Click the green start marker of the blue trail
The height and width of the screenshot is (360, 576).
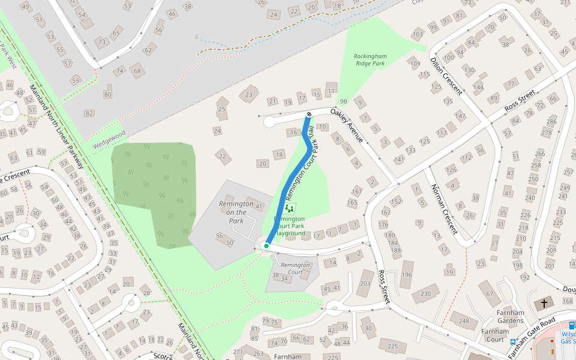coord(266,246)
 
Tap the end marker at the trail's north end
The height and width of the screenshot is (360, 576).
coord(309,114)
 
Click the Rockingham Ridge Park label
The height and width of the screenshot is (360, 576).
coord(370,59)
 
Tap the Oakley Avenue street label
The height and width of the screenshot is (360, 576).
coord(347,125)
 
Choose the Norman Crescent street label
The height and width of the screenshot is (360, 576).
coord(445,208)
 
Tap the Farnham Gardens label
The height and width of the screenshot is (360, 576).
coord(511,316)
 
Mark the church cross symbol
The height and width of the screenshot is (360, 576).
coord(545,304)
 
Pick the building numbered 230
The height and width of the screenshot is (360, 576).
coord(426,293)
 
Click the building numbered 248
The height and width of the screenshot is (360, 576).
coord(464,321)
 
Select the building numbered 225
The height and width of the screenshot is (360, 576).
coord(393,346)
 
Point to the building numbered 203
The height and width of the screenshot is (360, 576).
coord(365,283)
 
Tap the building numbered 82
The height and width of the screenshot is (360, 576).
coord(89,113)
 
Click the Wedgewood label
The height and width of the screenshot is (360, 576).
coord(109,139)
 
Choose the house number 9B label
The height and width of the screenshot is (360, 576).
coord(343,101)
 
